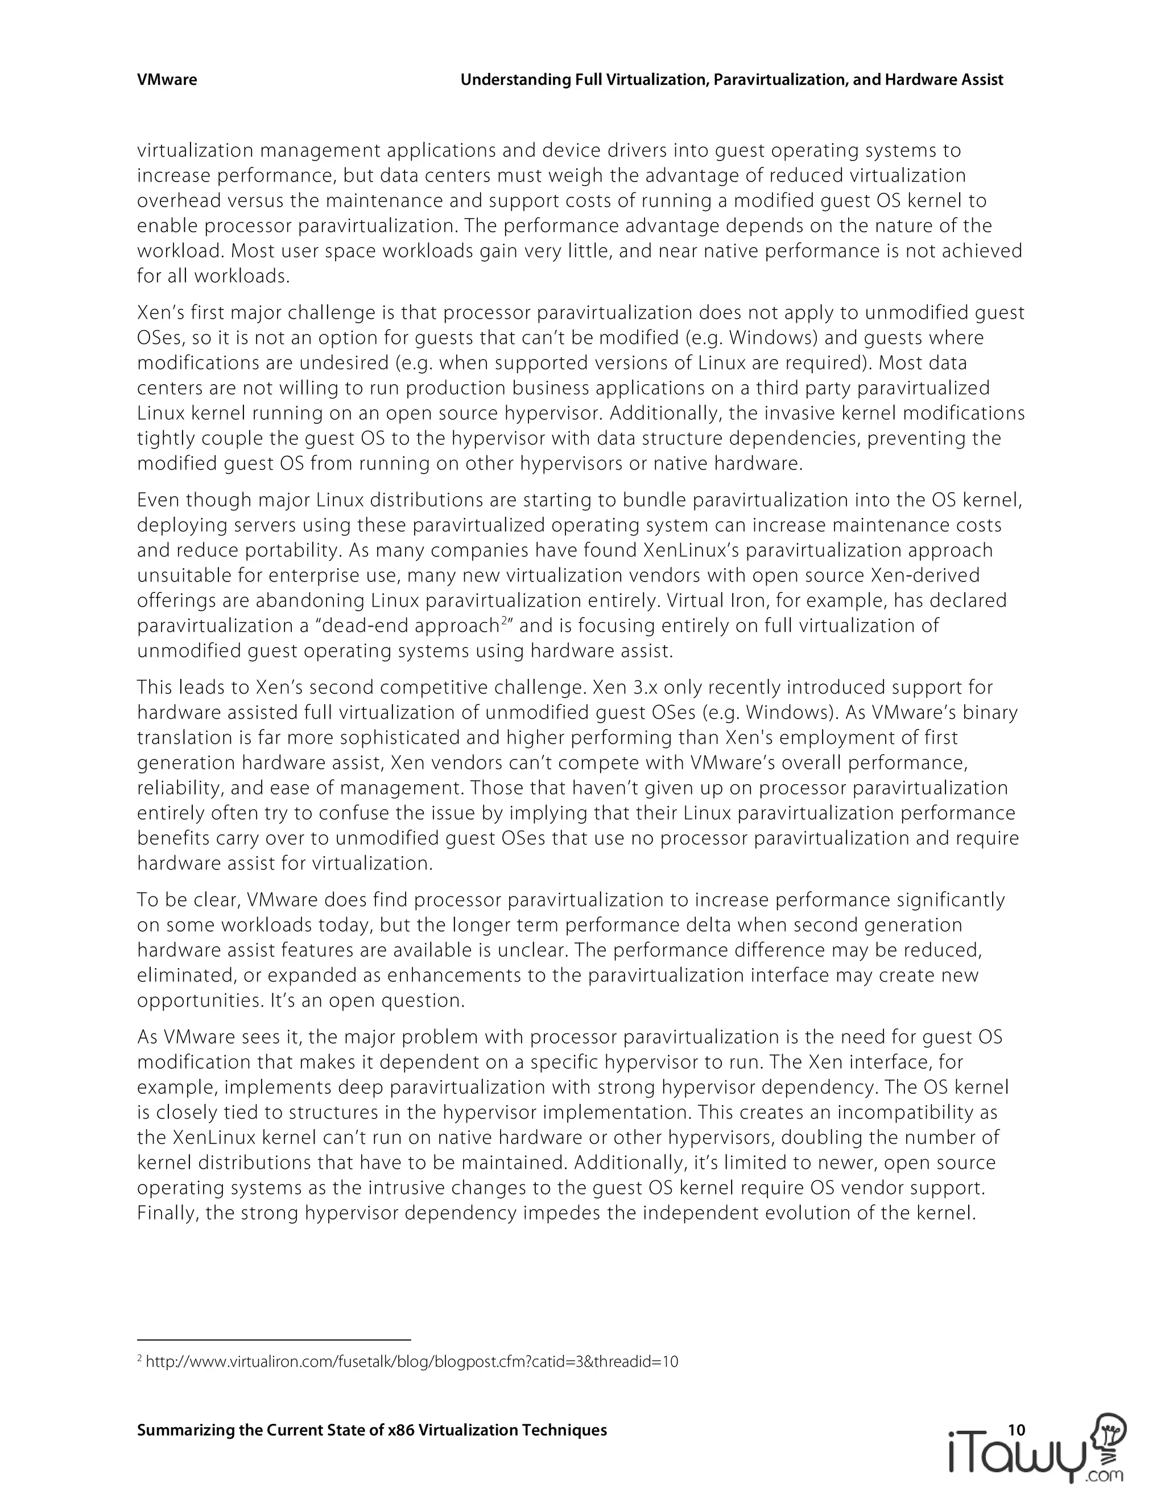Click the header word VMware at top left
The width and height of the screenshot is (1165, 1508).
click(x=166, y=80)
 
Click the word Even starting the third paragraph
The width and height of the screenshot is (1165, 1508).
click(x=158, y=500)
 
